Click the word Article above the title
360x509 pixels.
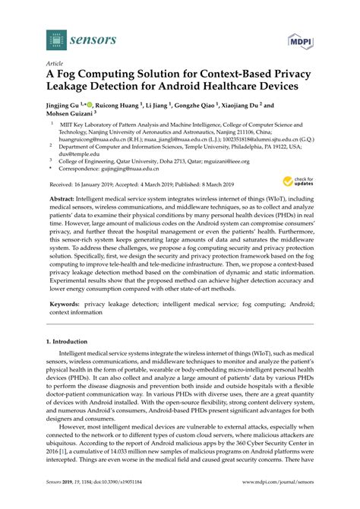(x=55, y=64)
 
